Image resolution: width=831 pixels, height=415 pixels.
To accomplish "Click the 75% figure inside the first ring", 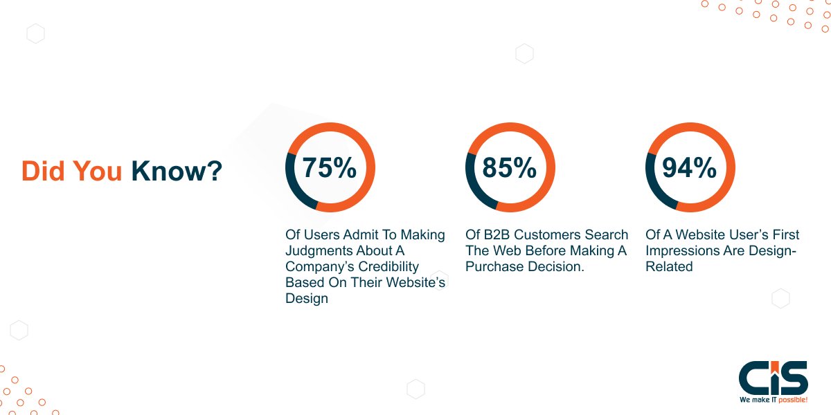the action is [330, 168].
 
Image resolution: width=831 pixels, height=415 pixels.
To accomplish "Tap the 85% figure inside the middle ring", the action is [510, 168].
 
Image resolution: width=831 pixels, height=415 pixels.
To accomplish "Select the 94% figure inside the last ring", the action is [689, 168].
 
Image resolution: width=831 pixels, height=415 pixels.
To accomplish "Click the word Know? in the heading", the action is [177, 172].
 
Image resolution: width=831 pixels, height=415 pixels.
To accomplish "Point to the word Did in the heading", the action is [43, 172].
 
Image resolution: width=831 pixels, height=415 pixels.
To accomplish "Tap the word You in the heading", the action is [97, 172].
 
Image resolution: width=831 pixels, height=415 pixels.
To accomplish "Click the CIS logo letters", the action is [773, 378].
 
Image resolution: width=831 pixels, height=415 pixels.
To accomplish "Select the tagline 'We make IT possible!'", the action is [773, 400].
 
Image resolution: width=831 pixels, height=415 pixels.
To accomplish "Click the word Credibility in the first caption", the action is [388, 267].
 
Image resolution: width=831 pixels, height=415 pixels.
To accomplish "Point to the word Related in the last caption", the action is [669, 266].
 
